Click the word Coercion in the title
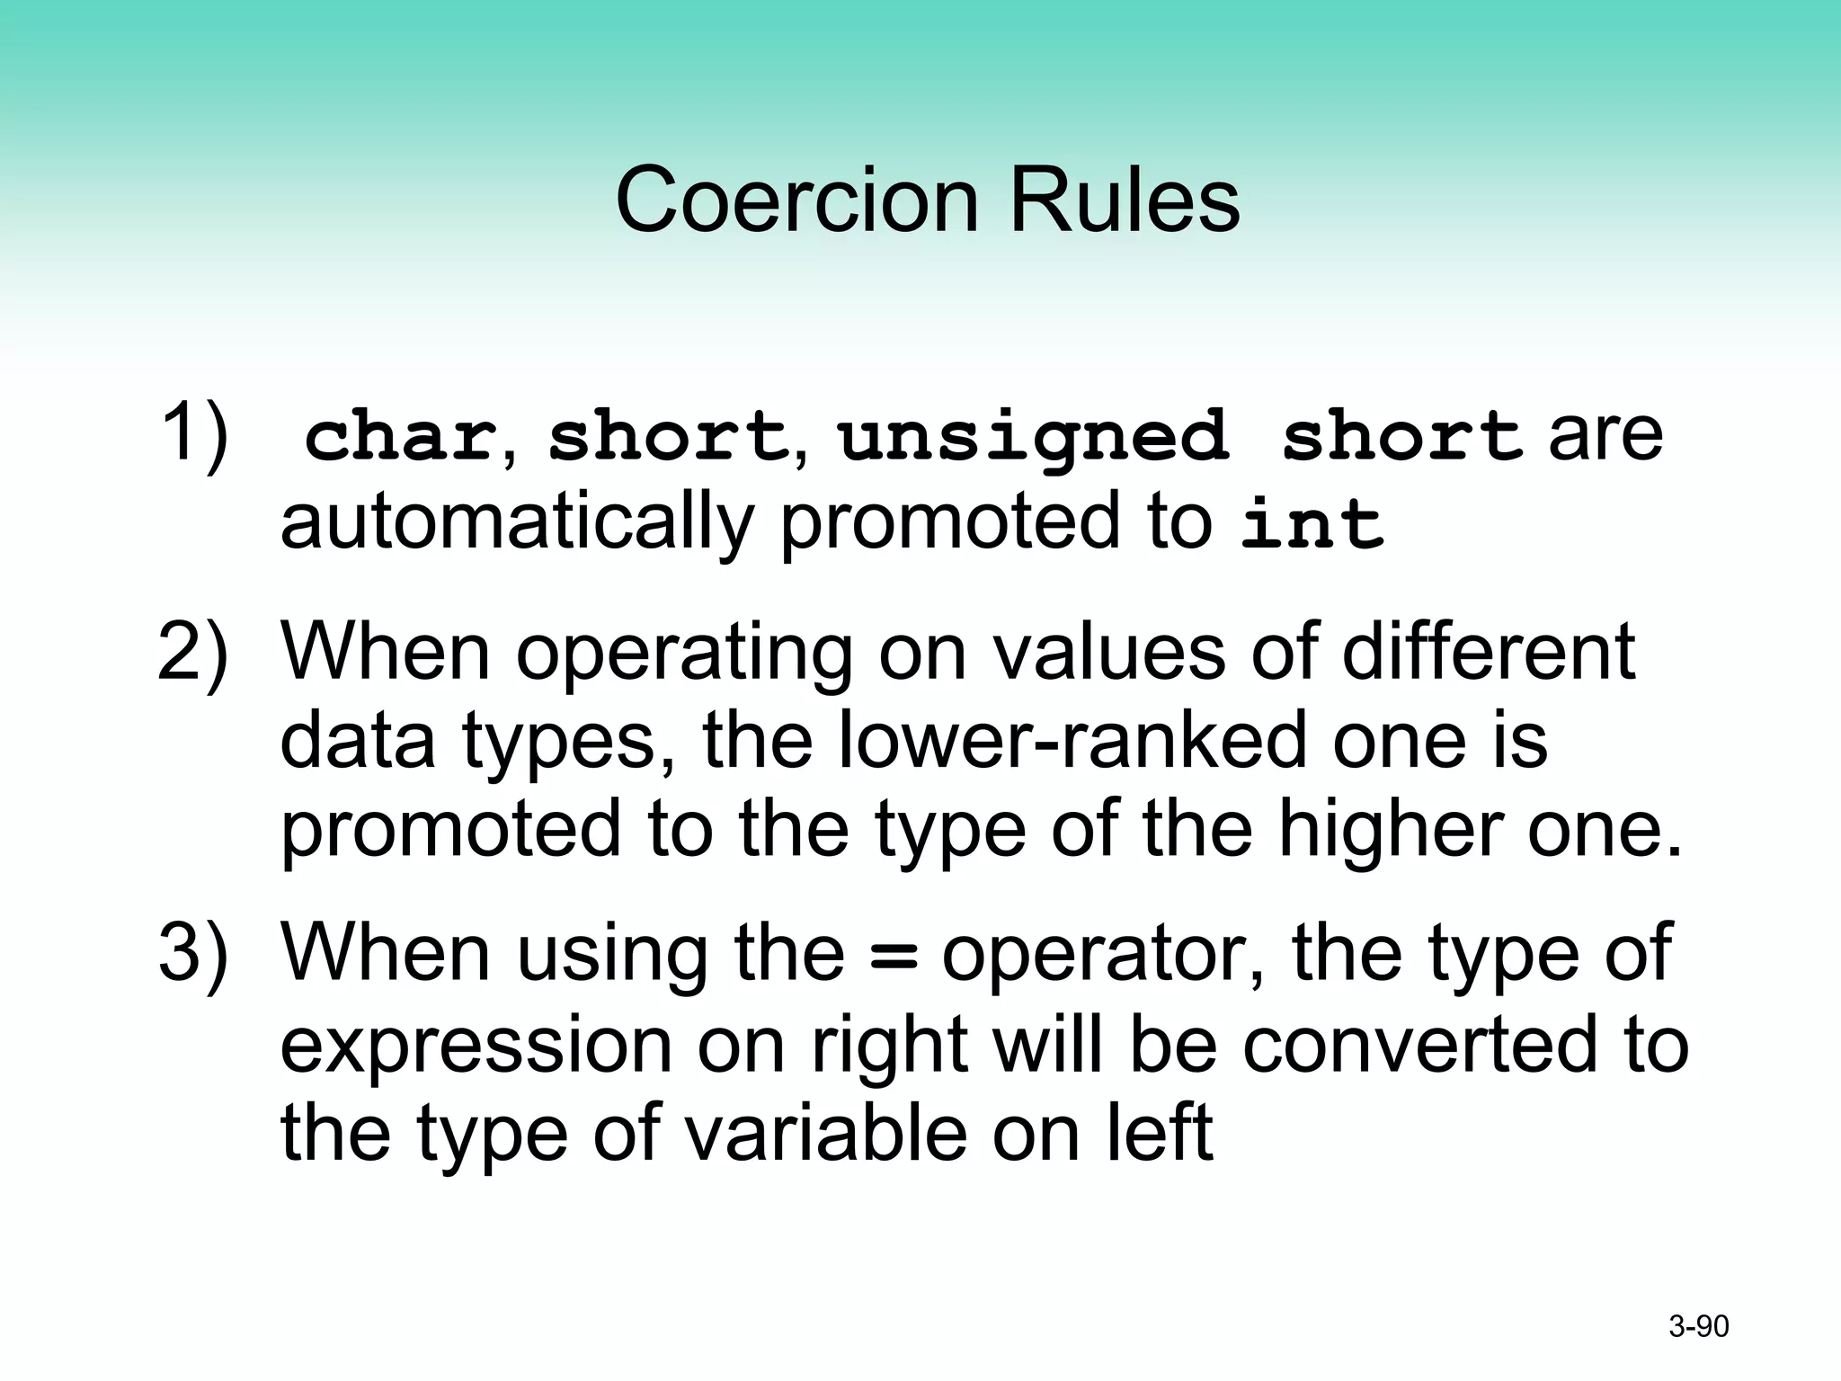click(x=796, y=200)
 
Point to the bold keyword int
click(x=1312, y=524)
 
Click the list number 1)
click(x=192, y=434)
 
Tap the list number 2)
click(x=192, y=652)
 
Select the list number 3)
click(x=192, y=953)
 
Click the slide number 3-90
click(x=1698, y=1326)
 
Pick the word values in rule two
click(x=1109, y=652)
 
